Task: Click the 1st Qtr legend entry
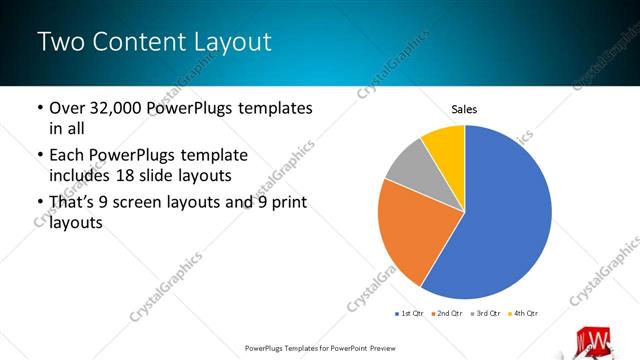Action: pos(410,314)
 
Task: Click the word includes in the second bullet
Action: pos(80,177)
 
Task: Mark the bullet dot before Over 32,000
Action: pos(39,108)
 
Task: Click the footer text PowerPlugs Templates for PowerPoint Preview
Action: pos(320,349)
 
